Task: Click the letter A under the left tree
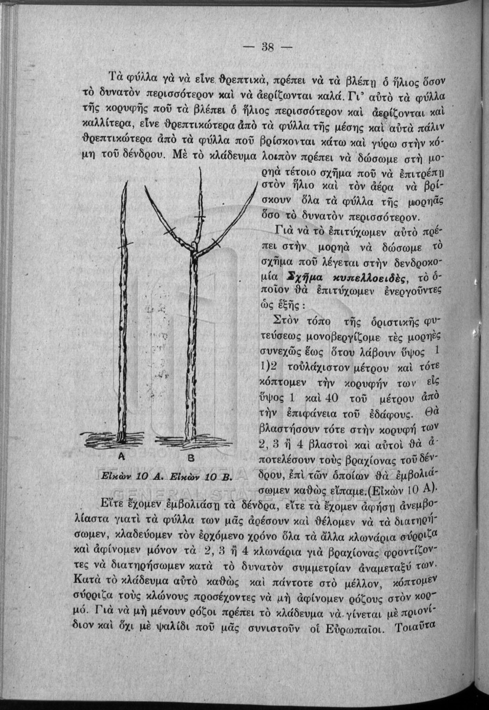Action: point(123,456)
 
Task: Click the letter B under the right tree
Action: point(190,458)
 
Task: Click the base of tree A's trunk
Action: point(121,439)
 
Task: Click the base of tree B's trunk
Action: point(189,439)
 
